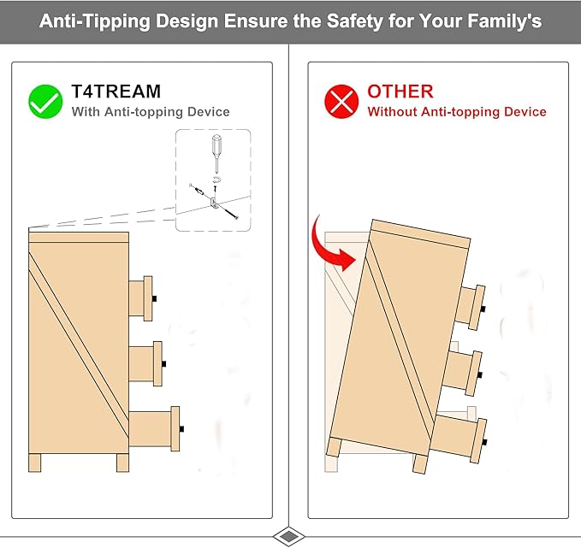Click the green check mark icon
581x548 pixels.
pyautogui.click(x=45, y=102)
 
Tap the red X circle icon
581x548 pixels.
pyautogui.click(x=341, y=102)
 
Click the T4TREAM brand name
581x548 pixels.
pyautogui.click(x=116, y=91)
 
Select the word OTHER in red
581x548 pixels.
pyautogui.click(x=400, y=91)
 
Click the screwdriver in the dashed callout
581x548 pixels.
pyautogui.click(x=216, y=153)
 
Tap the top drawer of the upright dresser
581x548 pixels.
pyautogui.click(x=141, y=298)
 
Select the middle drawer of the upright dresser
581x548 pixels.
pyautogui.click(x=145, y=363)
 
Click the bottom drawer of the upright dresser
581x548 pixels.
pyautogui.click(x=155, y=429)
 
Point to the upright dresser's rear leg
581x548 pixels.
pyautogui.click(x=35, y=463)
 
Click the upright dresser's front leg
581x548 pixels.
pyautogui.click(x=122, y=463)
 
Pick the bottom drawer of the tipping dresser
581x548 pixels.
pyautogui.click(x=459, y=439)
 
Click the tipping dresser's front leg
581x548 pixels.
pyautogui.click(x=420, y=463)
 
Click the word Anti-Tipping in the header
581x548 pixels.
pyautogui.click(x=95, y=21)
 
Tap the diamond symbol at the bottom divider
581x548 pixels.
pyautogui.click(x=289, y=536)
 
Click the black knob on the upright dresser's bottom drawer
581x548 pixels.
pyautogui.click(x=181, y=429)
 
